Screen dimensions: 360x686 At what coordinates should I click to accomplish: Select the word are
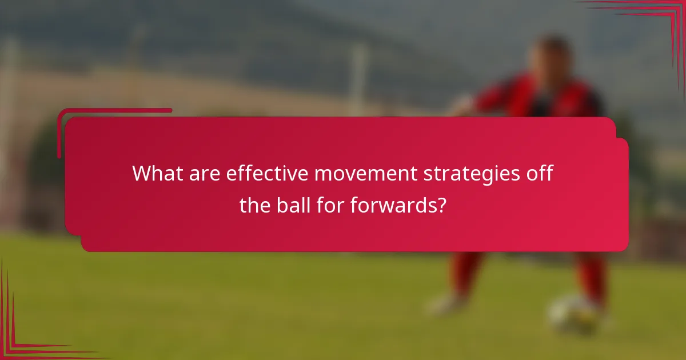pos(201,174)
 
